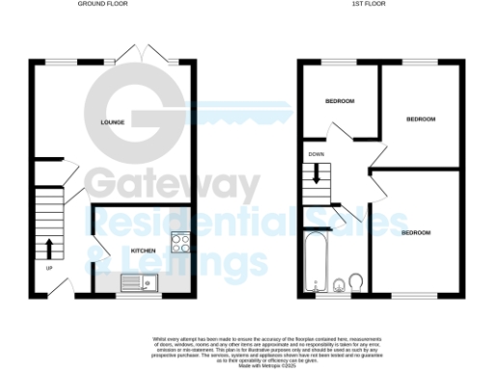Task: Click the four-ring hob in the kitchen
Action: point(180,242)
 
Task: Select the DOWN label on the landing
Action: point(316,154)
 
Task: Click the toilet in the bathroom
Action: point(357,281)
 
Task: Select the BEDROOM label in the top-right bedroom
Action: point(420,119)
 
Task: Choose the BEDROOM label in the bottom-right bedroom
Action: point(415,233)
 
